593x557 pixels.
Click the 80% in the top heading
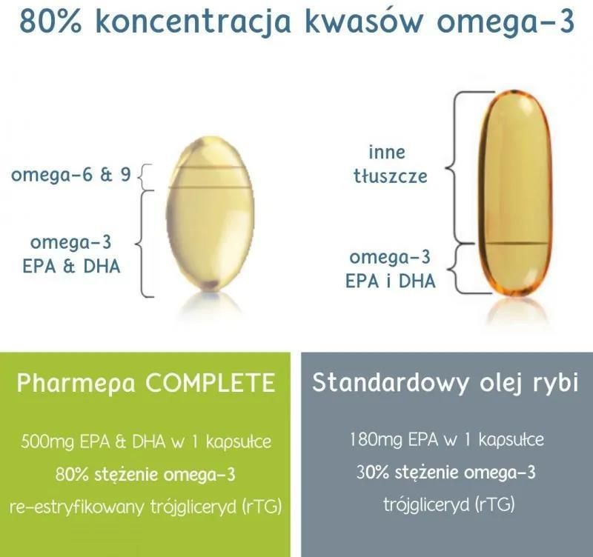click(50, 21)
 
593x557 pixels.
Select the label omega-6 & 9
click(71, 175)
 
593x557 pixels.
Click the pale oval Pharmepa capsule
click(211, 213)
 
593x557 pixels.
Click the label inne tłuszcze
click(390, 164)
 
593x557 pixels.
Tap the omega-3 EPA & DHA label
click(71, 254)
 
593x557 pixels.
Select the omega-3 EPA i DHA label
click(390, 269)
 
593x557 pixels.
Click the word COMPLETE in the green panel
click(210, 383)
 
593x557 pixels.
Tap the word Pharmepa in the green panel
click(76, 384)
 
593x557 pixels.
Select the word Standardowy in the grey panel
click(391, 382)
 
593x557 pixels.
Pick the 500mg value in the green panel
click(47, 441)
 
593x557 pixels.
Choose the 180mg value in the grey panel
click(376, 440)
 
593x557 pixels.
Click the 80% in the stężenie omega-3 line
click(72, 474)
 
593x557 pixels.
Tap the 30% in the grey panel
click(373, 473)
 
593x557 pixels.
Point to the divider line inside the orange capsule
click(516, 244)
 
